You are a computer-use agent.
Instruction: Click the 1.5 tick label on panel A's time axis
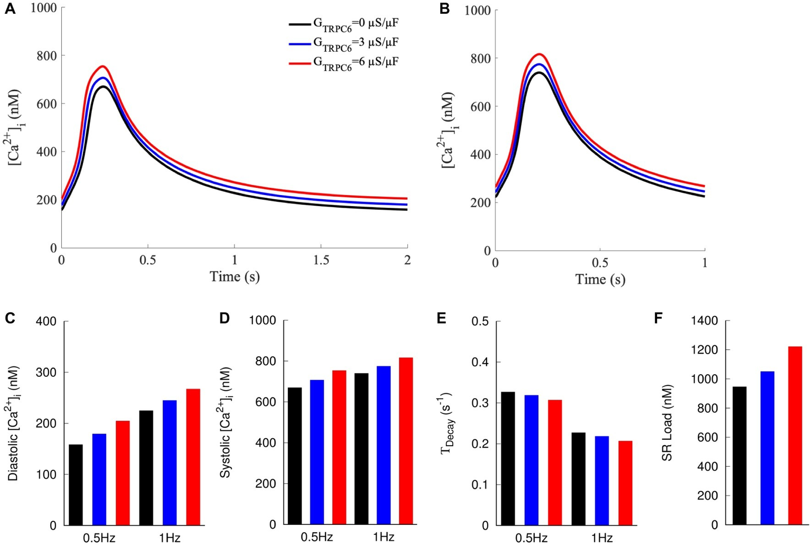(321, 260)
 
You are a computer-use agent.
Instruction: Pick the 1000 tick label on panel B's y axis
(477, 11)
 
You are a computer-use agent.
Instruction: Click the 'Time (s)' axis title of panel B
(600, 279)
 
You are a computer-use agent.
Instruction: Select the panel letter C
(10, 318)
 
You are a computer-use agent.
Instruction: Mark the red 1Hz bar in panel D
(406, 441)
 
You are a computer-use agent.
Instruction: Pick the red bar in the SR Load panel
(795, 436)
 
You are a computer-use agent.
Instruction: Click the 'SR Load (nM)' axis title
(668, 423)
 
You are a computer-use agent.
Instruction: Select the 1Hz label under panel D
(384, 537)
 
